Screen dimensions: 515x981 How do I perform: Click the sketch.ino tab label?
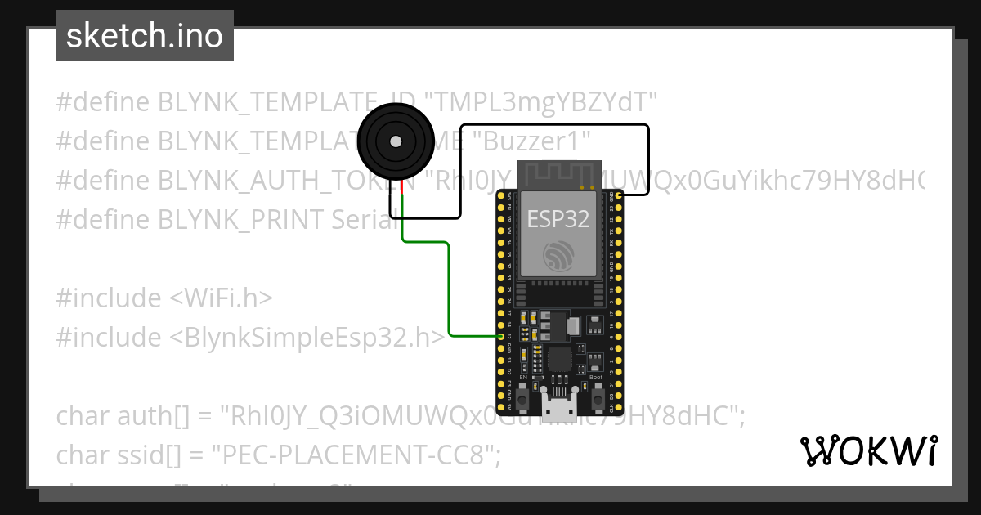(145, 36)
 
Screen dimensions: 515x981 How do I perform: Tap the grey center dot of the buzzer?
(396, 141)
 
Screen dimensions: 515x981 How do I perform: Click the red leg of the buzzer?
(402, 190)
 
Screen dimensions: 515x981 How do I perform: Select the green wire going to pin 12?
(449, 286)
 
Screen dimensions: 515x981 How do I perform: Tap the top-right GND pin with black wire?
(620, 196)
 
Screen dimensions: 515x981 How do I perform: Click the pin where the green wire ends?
(501, 336)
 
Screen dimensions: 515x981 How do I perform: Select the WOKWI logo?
(868, 450)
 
